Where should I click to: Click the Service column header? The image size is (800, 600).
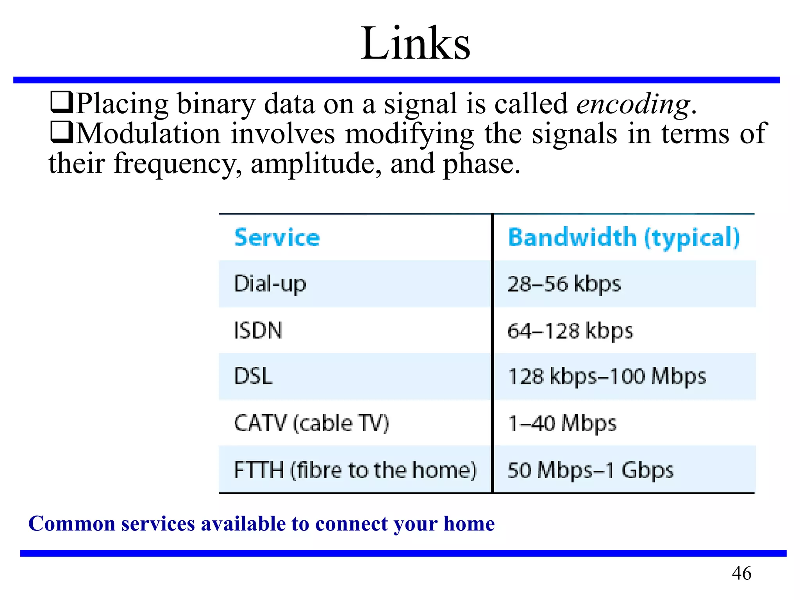tap(277, 237)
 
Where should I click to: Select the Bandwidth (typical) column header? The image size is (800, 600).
tap(624, 237)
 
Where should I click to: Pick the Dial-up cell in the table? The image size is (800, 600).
tap(270, 284)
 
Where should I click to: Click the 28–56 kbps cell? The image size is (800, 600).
tap(564, 284)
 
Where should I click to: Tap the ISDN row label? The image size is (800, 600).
tap(258, 330)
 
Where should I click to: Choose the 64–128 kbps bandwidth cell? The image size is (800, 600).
tap(570, 331)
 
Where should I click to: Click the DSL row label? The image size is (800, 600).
tap(253, 377)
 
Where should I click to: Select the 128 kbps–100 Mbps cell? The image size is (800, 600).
tap(607, 377)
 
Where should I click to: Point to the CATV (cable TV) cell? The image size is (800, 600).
tap(311, 423)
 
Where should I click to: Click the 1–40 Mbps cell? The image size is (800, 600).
tap(562, 423)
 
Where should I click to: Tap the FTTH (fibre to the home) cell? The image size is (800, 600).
tap(355, 470)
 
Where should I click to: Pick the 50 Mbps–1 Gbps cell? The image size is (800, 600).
tap(590, 470)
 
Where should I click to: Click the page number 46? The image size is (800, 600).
tap(741, 573)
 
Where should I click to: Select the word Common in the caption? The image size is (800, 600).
tap(71, 524)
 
